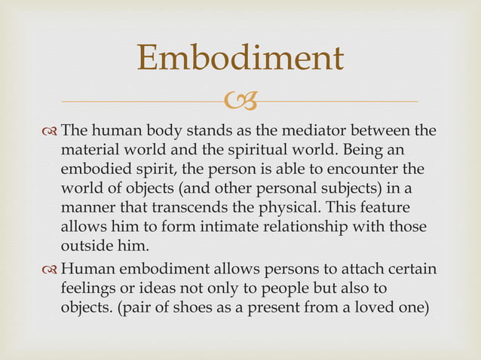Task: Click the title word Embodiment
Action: click(x=240, y=59)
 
